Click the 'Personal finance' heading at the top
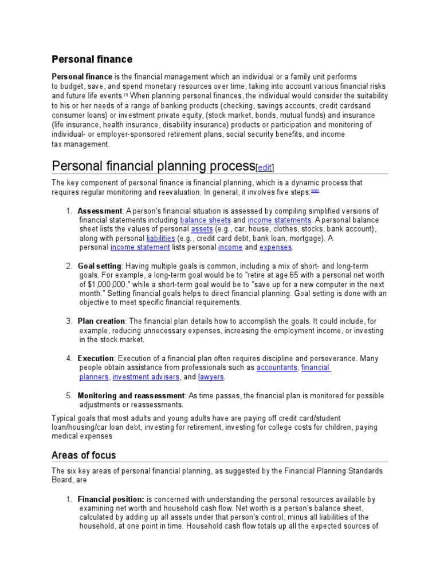coord(92,59)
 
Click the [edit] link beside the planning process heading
coord(265,167)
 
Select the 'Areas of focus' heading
coord(84,455)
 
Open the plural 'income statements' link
coord(280,220)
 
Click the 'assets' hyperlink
coord(201,229)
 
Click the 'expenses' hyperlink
coord(276,247)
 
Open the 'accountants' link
coord(277,367)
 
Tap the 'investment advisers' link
coord(146,377)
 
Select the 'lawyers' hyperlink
coord(211,377)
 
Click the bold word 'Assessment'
coord(100,211)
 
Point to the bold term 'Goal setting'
coord(99,266)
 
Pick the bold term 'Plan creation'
coord(101,321)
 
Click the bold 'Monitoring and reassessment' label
coord(131,395)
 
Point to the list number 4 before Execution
coord(69,359)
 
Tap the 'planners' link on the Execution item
coord(93,377)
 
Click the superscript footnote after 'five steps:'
coord(315,191)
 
